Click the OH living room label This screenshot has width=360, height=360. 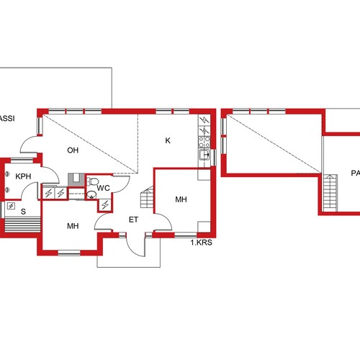[73, 150]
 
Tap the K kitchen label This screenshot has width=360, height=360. [168, 140]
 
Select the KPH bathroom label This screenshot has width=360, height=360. [23, 176]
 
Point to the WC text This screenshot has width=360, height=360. [103, 188]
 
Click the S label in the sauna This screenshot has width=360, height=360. [23, 212]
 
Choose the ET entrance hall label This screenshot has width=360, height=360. [133, 220]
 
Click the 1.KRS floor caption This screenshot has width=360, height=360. [202, 243]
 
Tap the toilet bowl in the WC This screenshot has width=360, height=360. [92, 181]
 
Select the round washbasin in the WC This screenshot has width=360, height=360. [91, 195]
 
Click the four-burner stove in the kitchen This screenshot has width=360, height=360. [204, 142]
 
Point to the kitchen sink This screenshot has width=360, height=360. [204, 155]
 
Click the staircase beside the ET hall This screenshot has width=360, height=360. [147, 197]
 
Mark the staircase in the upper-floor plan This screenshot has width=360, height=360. [330, 193]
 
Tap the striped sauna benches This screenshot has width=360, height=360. [22, 225]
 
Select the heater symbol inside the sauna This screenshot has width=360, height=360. [11, 206]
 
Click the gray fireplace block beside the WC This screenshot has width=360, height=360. [76, 180]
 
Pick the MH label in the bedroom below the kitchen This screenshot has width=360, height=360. [181, 199]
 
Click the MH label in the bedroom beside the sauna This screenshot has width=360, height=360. [73, 226]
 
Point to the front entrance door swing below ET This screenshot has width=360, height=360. [135, 245]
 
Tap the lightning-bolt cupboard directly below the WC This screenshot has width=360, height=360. [105, 205]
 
